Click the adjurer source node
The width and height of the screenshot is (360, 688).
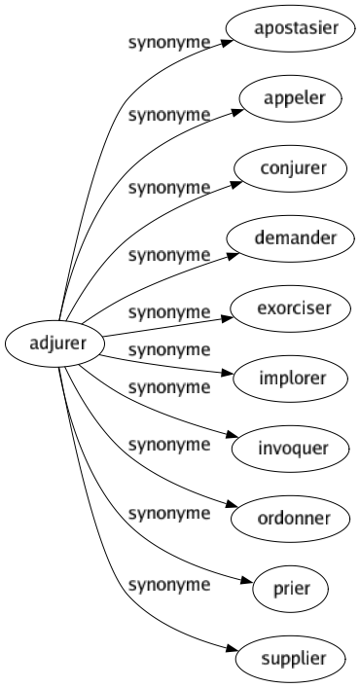pyautogui.click(x=46, y=344)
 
